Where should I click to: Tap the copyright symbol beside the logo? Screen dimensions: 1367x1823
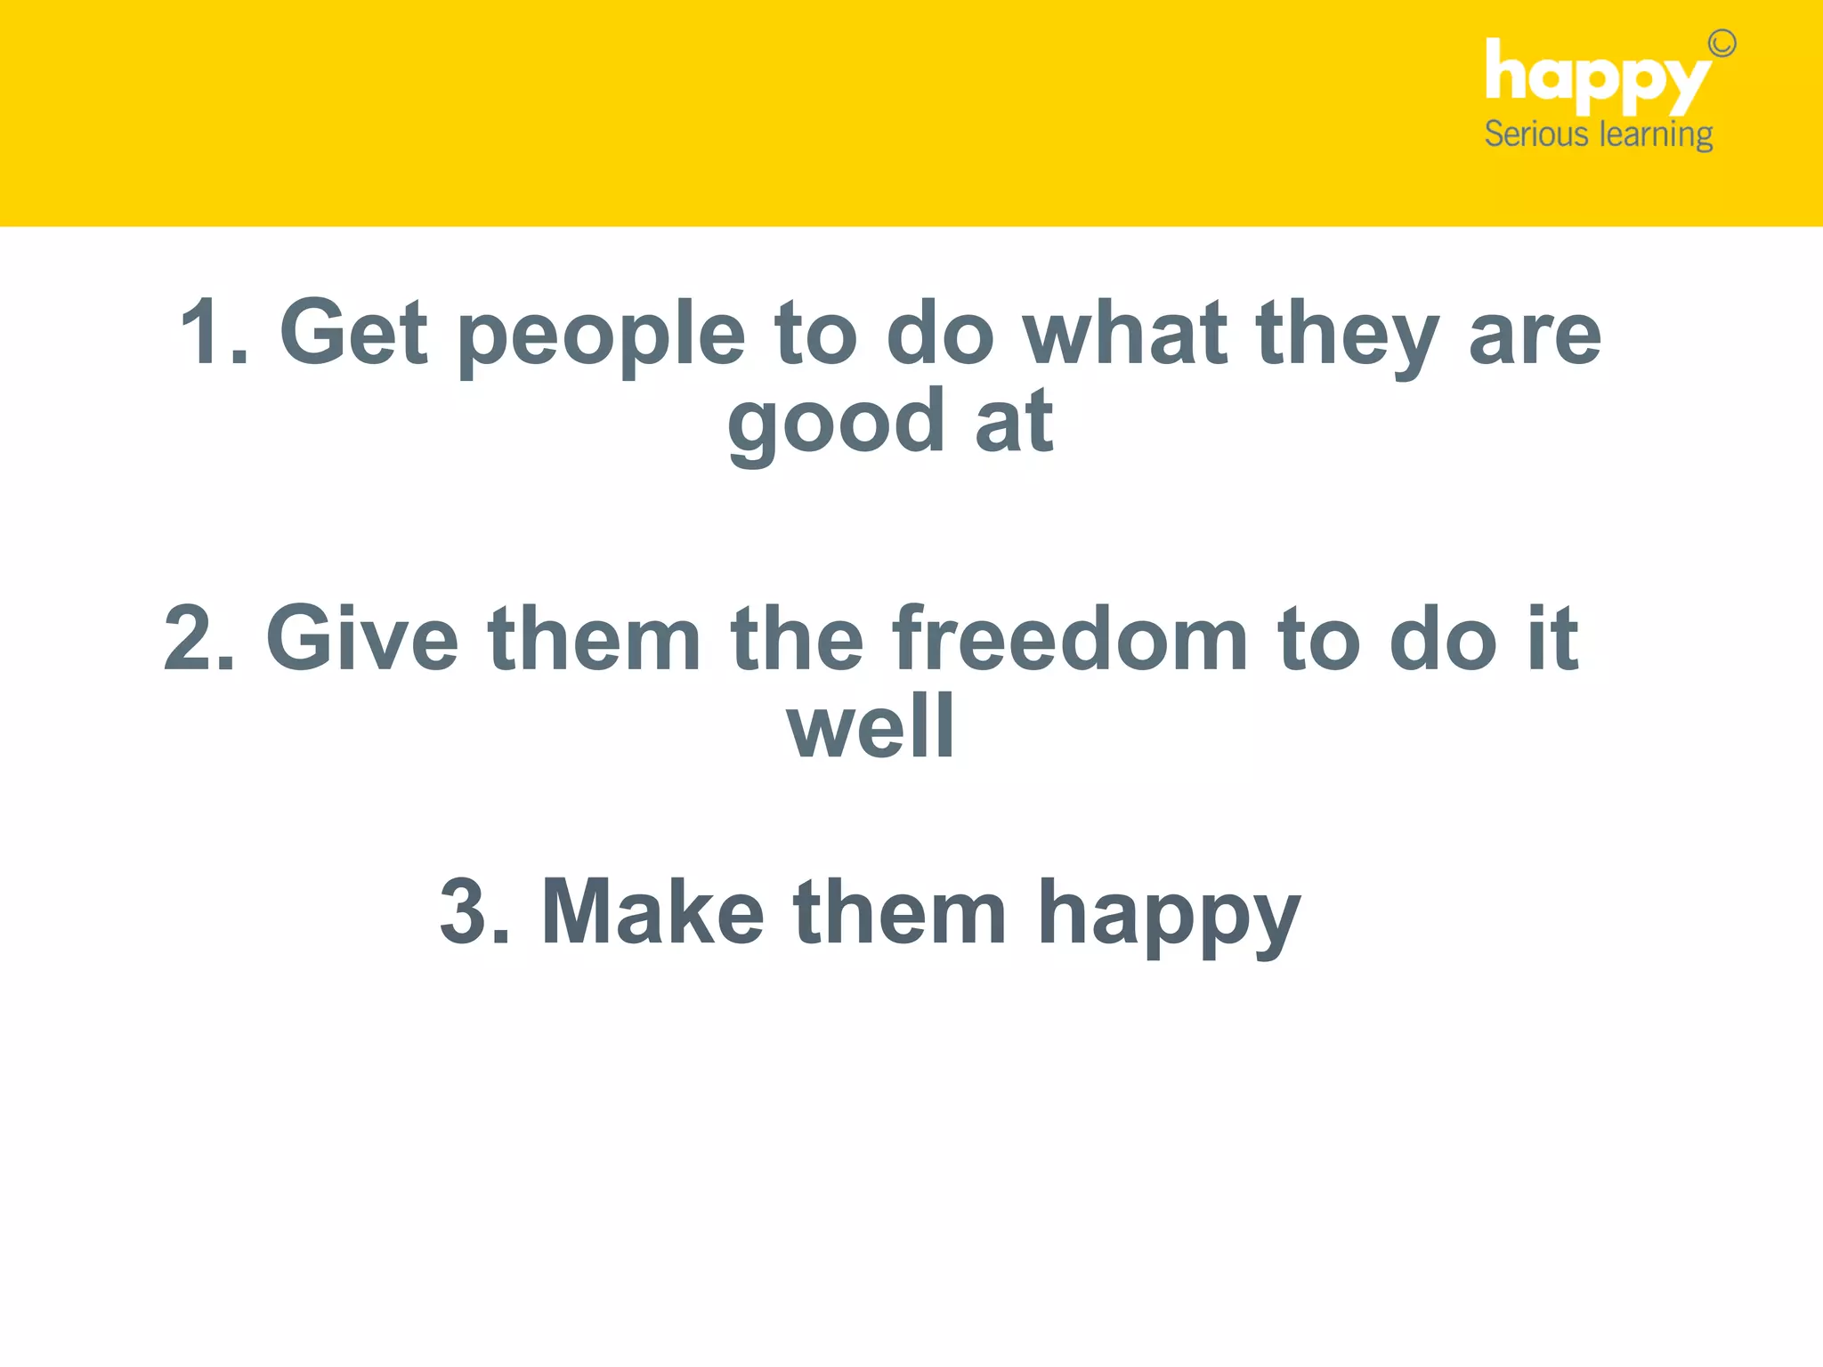tap(1722, 44)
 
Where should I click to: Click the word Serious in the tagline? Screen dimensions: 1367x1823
tap(1536, 134)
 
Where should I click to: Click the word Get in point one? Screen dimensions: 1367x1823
tap(353, 332)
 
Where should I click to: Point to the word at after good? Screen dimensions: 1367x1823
tap(1014, 423)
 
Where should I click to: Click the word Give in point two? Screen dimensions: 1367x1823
tap(362, 638)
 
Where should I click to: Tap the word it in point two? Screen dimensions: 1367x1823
tap(1553, 638)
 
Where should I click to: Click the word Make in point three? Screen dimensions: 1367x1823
tap(652, 911)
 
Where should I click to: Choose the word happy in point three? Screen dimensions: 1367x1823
tap(1169, 917)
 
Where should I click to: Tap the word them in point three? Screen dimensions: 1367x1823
tap(900, 911)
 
